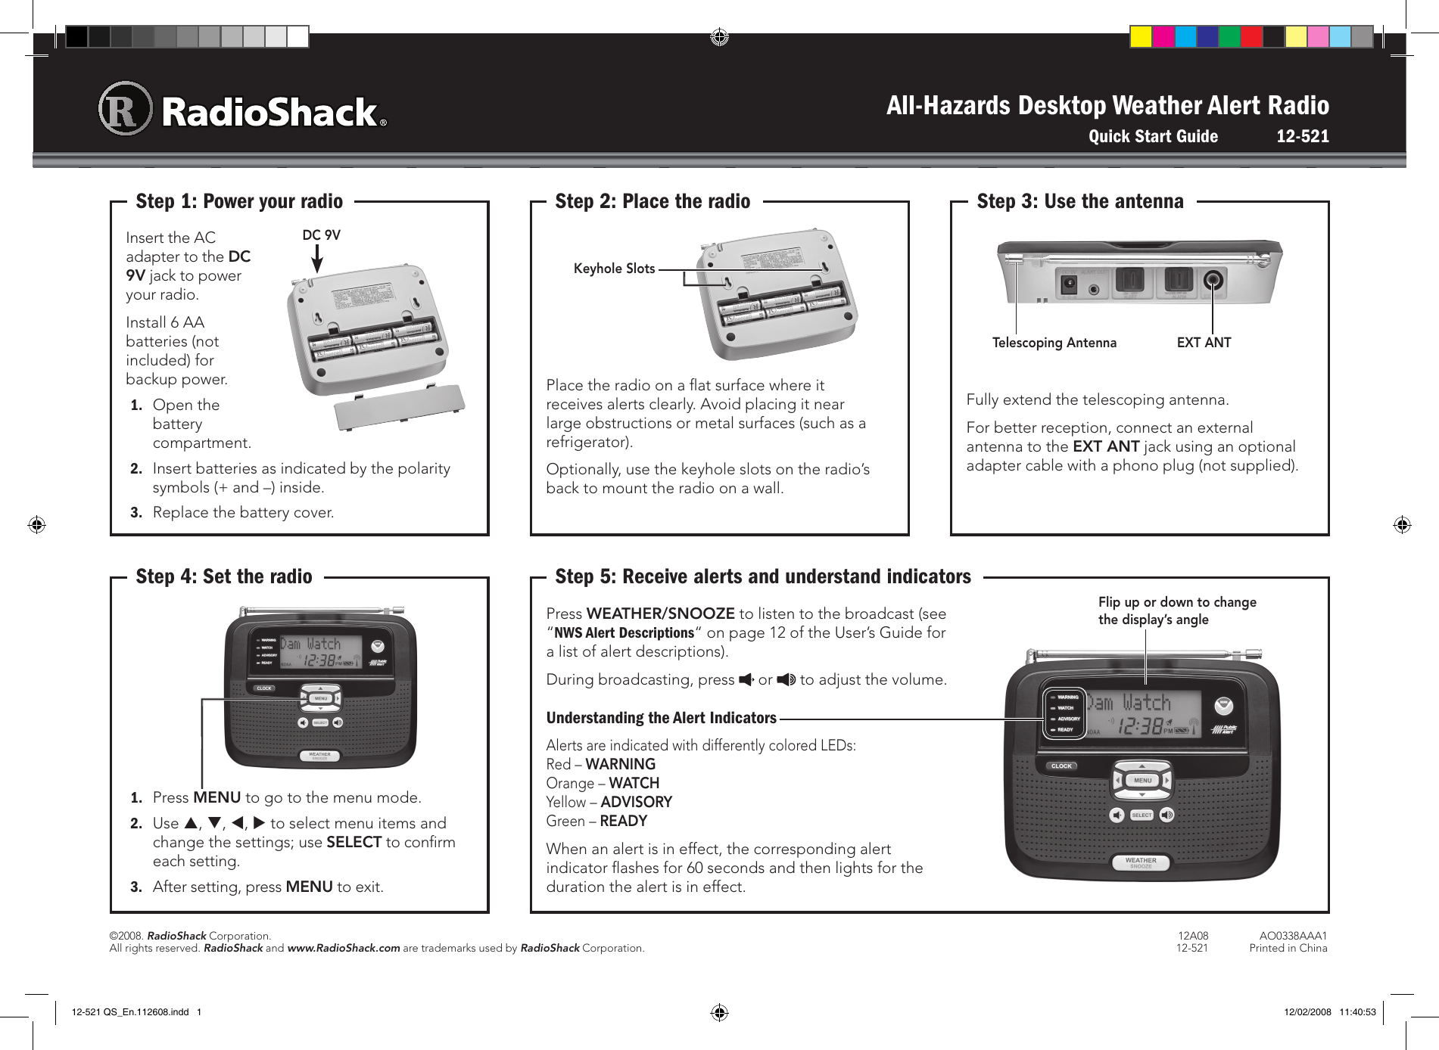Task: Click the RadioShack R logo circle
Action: point(125,109)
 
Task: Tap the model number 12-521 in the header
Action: point(1302,136)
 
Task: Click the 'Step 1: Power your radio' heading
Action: point(239,201)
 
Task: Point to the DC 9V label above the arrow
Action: point(321,235)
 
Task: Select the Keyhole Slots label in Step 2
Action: point(614,269)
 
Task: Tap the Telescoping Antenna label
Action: point(1054,343)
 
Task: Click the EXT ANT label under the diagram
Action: point(1204,343)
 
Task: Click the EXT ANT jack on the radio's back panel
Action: point(1213,281)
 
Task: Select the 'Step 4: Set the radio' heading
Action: point(224,576)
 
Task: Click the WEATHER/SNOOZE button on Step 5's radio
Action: point(1141,862)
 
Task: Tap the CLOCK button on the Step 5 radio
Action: point(1061,766)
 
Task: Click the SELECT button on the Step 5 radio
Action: point(1142,815)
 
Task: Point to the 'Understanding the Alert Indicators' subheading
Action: point(661,718)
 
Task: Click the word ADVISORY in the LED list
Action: point(636,802)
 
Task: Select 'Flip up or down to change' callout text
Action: point(1177,602)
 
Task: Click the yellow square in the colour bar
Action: point(1141,36)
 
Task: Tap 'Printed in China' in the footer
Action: point(1288,948)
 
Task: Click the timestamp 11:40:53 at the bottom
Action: point(1357,1012)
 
